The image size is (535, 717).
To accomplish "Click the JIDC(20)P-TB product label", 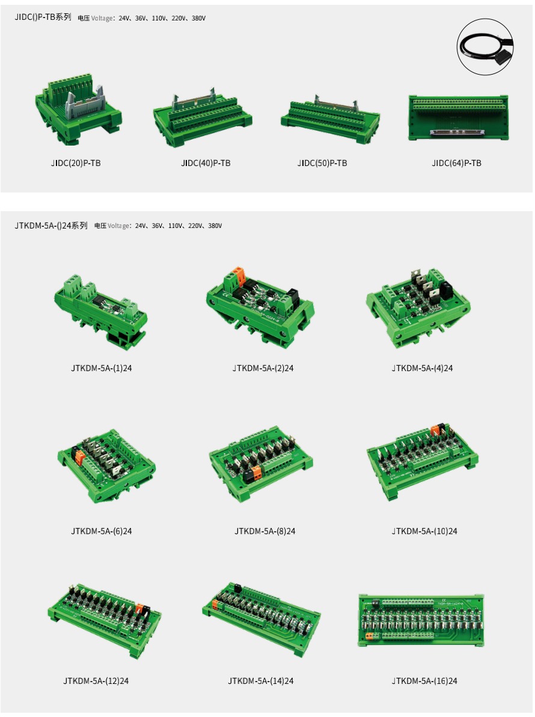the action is click(76, 163).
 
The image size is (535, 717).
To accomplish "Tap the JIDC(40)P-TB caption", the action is click(206, 163).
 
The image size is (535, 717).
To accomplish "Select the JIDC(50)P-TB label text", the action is click(322, 163).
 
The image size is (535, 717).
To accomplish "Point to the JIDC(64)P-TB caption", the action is click(456, 163).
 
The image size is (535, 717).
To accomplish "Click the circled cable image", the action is click(485, 47).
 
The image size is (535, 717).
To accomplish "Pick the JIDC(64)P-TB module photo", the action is click(458, 117).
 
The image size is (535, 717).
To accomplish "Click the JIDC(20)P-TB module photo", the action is click(79, 109).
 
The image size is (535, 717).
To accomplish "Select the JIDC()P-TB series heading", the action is click(43, 17).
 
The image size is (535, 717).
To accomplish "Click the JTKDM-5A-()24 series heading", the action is click(50, 226).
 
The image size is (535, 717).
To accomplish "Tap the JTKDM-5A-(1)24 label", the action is click(102, 368).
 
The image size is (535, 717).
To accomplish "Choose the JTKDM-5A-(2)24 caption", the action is click(263, 368).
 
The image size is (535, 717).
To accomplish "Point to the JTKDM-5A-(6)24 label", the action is click(102, 531).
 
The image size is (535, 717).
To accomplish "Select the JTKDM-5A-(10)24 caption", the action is click(424, 531).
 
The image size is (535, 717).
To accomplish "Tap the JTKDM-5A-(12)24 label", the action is click(96, 682).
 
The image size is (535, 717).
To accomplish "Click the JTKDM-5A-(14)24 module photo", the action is click(261, 619).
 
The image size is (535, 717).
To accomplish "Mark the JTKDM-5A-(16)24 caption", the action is click(424, 682).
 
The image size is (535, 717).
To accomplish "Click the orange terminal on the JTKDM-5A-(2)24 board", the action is click(239, 275).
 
